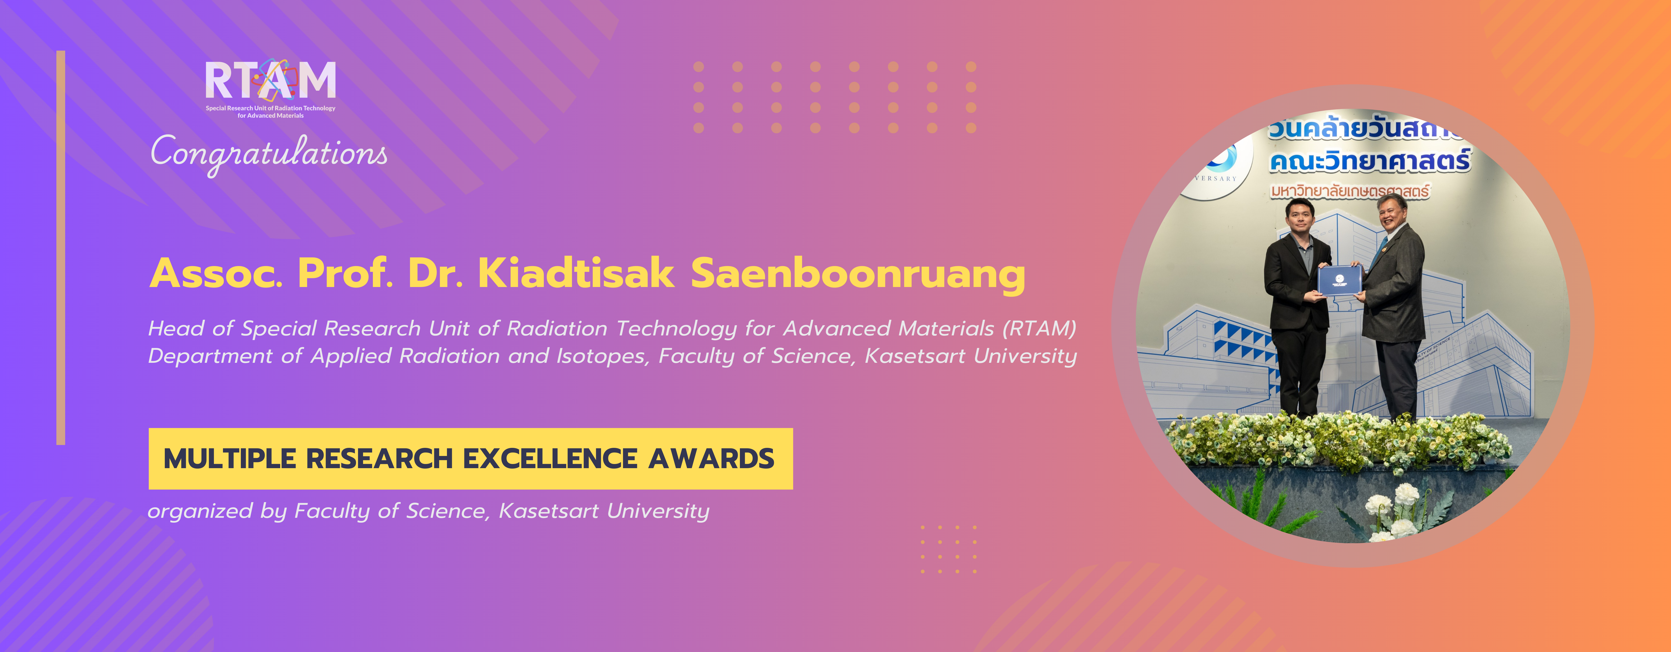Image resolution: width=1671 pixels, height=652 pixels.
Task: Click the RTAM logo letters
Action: (x=270, y=80)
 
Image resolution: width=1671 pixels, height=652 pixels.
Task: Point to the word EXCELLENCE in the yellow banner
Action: (x=550, y=459)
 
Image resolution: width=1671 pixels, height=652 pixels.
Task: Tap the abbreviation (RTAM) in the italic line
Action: (x=1039, y=329)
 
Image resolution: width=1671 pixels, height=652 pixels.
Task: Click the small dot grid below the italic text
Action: (x=948, y=549)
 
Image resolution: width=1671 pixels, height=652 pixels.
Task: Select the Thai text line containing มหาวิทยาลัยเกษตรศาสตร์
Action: (x=1349, y=191)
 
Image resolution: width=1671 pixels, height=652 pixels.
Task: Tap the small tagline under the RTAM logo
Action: (x=270, y=111)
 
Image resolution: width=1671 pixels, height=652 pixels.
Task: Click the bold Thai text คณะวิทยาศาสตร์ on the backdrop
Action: (x=1369, y=161)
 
